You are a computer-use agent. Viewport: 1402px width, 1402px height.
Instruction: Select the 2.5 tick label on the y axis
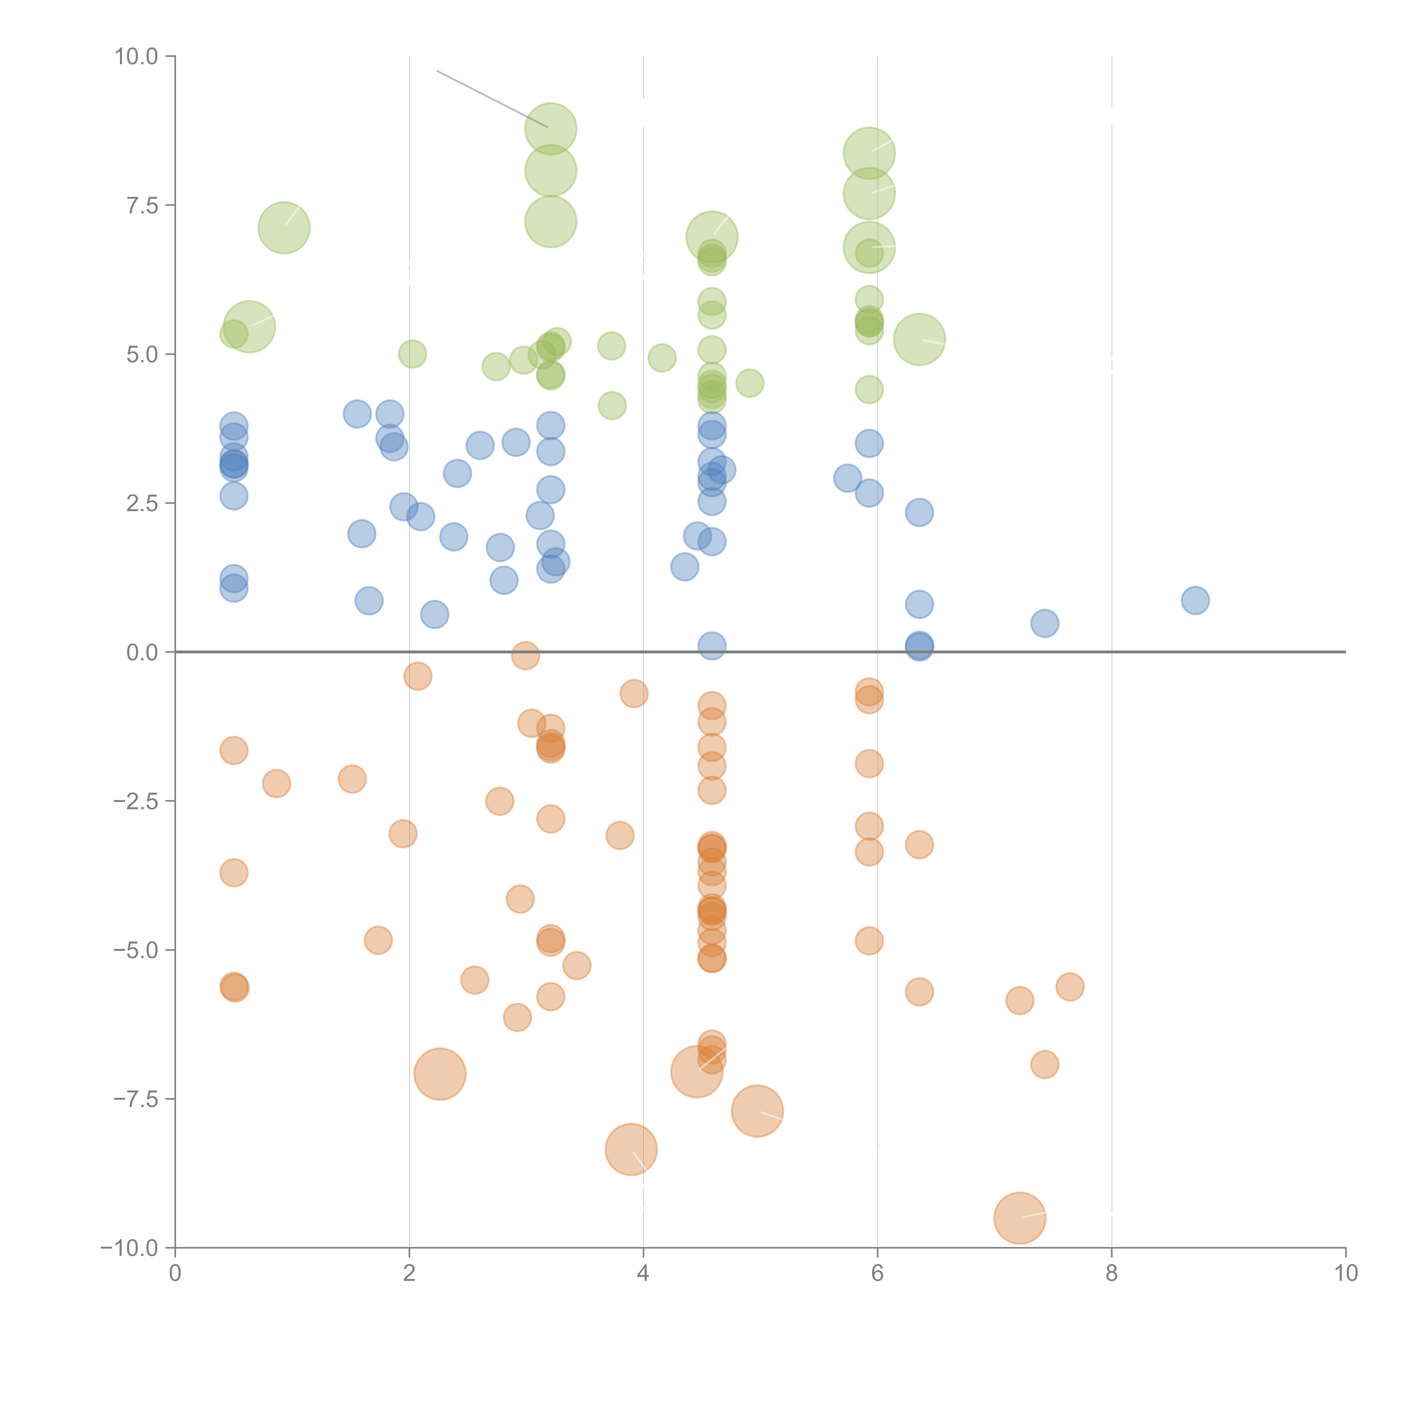(x=142, y=504)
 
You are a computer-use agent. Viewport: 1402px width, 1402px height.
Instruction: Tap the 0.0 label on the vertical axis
(x=142, y=652)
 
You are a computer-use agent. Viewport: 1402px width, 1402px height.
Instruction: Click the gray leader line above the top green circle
(x=491, y=99)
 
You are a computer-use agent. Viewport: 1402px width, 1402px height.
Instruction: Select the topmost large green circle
(x=551, y=129)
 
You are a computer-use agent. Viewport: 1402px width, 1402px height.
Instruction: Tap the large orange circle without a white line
(x=440, y=1074)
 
